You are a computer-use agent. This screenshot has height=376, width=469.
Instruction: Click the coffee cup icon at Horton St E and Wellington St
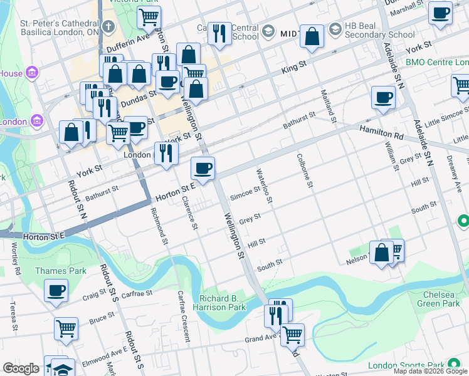[203, 168]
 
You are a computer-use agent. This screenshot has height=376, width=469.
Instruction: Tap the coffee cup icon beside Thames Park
[56, 291]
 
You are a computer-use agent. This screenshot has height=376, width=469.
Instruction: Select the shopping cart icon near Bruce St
[66, 328]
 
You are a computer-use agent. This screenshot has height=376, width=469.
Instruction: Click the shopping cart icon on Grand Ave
[292, 335]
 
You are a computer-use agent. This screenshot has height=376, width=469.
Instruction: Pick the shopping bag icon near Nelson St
[381, 253]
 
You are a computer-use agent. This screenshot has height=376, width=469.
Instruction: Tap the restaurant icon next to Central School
[219, 34]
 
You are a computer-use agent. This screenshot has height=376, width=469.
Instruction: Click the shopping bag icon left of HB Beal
[312, 36]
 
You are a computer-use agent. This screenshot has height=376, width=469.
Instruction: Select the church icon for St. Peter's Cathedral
[108, 26]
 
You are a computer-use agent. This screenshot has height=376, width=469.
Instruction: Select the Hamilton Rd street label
[380, 132]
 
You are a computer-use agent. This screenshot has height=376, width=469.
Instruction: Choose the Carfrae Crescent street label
[183, 316]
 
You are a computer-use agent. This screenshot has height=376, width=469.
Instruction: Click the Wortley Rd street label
[18, 262]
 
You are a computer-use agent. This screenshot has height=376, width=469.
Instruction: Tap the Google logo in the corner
[21, 368]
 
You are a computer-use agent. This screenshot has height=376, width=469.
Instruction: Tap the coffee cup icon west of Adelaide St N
[382, 97]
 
